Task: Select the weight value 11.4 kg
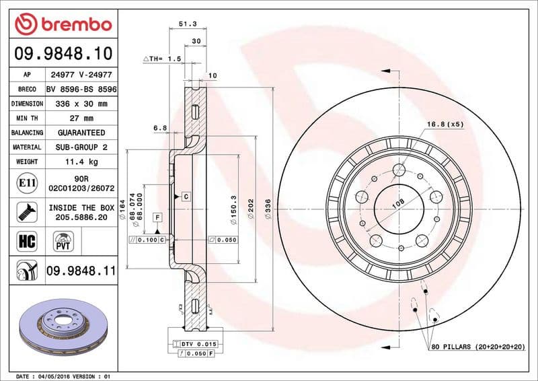point(82,162)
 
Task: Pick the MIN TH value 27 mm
point(82,118)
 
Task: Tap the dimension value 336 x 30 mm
point(82,104)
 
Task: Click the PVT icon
point(63,241)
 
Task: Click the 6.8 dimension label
point(159,127)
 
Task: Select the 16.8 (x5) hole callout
point(445,125)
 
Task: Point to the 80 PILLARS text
point(477,346)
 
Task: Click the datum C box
point(186,196)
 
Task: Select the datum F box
point(157,217)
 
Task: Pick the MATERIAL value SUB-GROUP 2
point(82,147)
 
